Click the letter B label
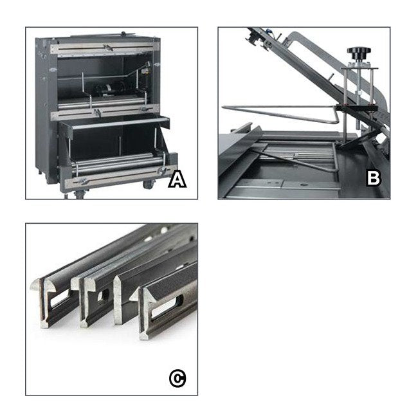click(373, 179)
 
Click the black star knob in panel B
click(358, 51)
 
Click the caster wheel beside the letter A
click(147, 185)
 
